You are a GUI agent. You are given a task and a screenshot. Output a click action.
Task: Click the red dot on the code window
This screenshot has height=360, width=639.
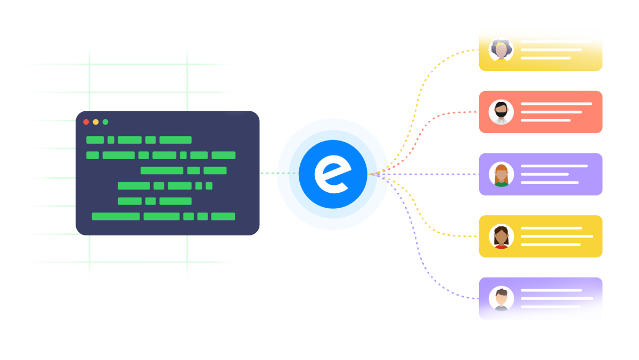click(x=86, y=122)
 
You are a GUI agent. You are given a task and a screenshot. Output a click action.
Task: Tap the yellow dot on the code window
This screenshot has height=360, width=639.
click(x=96, y=122)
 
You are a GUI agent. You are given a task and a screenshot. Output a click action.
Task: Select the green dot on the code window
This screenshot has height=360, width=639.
click(x=105, y=122)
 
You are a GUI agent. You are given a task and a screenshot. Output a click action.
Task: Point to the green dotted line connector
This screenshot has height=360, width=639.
click(x=277, y=173)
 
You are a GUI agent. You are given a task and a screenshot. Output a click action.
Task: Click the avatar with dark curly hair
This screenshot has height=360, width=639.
click(x=501, y=50)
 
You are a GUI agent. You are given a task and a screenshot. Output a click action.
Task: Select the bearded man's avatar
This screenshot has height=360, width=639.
click(x=501, y=112)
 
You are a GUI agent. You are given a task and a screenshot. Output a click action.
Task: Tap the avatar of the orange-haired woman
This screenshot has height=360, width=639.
click(x=501, y=174)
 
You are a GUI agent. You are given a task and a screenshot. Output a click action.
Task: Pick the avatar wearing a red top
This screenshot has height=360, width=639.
click(x=501, y=236)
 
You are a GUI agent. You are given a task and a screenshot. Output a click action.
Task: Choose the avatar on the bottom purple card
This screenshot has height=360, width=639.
click(x=501, y=299)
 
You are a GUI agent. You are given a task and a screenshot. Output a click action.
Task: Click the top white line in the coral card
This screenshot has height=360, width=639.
click(x=556, y=104)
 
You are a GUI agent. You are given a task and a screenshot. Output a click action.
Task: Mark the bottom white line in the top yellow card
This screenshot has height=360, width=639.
click(x=545, y=58)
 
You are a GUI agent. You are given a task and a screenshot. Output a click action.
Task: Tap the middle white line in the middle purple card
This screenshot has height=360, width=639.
click(x=544, y=174)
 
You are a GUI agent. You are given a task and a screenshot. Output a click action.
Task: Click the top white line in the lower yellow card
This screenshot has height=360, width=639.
click(x=551, y=228)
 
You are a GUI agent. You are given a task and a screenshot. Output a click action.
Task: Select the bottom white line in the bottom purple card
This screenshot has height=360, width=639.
click(x=550, y=307)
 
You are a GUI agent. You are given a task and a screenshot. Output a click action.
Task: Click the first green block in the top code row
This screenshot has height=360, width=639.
click(x=95, y=140)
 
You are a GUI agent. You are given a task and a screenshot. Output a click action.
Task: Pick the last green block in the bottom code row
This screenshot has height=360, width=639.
click(x=223, y=217)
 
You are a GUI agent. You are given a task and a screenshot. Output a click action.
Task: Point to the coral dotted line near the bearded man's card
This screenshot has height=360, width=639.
click(x=453, y=113)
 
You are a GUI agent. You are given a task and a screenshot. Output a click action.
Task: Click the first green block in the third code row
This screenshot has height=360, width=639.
click(x=162, y=171)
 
